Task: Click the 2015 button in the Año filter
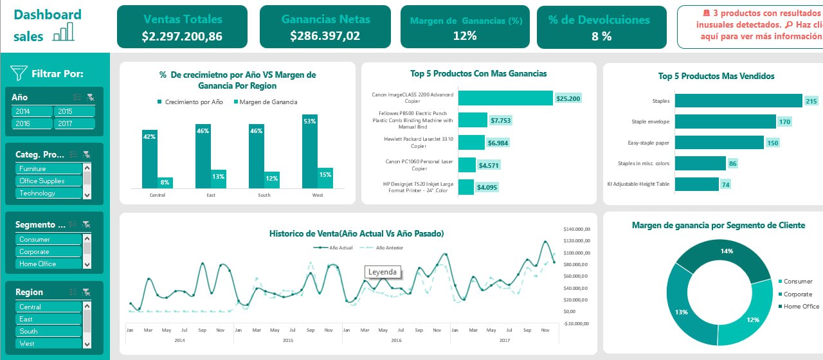pos(74,111)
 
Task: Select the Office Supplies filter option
pos(49,181)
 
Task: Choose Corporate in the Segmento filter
pos(49,251)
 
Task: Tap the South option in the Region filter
pos(49,331)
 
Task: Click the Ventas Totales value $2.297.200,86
pos(182,37)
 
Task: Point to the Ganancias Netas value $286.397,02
pos(325,36)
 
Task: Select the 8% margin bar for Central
pos(165,182)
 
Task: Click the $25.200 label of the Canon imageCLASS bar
pos(568,98)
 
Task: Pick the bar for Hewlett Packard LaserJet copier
pos(471,142)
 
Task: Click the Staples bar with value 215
pos(738,101)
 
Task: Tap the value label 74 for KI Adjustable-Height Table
pos(725,184)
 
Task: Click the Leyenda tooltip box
pos(383,272)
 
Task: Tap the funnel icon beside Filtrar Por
pos(19,73)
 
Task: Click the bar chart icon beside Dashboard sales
pos(63,32)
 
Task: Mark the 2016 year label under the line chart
pos(395,340)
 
